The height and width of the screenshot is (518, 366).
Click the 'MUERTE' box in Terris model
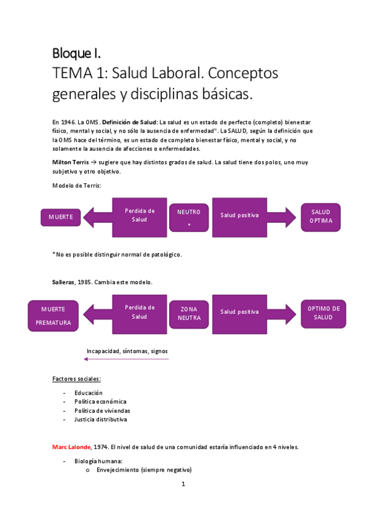click(60, 217)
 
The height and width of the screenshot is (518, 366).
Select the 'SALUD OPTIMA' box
click(321, 216)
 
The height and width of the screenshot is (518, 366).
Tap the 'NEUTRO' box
click(188, 217)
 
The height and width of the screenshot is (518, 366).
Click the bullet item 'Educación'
click(89, 393)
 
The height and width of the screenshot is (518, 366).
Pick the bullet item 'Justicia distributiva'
click(101, 420)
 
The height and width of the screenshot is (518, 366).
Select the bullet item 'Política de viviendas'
click(102, 410)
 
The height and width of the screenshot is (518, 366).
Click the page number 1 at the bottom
click(183, 485)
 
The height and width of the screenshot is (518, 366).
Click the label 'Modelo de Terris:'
click(76, 185)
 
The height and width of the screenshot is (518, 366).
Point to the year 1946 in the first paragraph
click(68, 123)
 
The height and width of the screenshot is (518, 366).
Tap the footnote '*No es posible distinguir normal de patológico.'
click(117, 254)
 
